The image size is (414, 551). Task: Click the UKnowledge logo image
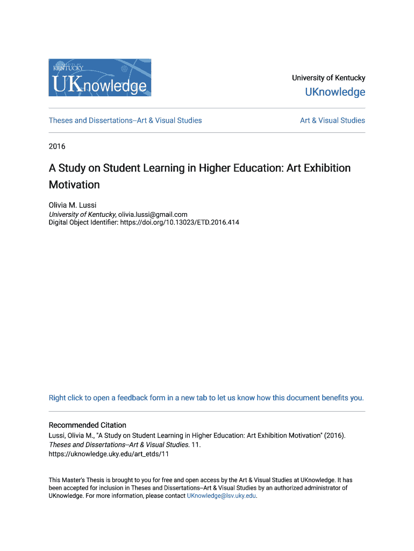tap(100, 77)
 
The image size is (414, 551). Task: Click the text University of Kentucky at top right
tap(329, 78)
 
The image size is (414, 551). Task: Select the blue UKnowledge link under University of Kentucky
tap(335, 92)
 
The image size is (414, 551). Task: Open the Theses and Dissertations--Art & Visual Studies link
tap(125, 121)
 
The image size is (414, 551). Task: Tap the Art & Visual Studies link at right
tap(332, 121)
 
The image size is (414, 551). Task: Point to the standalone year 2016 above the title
tap(57, 146)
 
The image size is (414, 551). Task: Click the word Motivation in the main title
tap(74, 185)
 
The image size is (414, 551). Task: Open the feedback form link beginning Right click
tap(206, 398)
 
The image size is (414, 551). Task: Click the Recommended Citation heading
tap(88, 425)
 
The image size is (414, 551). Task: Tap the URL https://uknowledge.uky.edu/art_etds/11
tap(109, 454)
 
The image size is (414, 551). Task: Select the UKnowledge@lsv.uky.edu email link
tap(221, 496)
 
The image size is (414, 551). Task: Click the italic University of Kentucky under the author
tap(82, 214)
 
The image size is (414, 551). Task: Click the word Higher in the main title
tap(213, 168)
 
